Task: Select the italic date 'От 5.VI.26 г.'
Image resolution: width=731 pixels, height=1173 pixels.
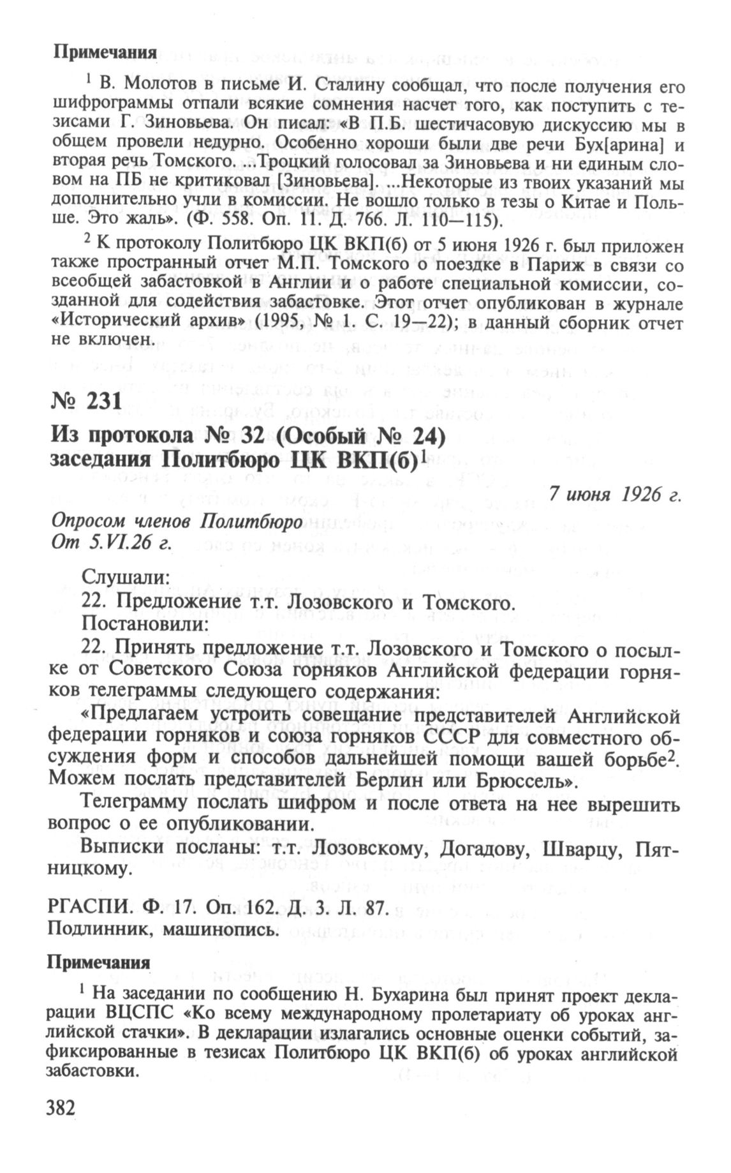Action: coord(112,542)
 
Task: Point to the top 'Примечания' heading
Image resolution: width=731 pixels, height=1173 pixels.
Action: coord(105,53)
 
